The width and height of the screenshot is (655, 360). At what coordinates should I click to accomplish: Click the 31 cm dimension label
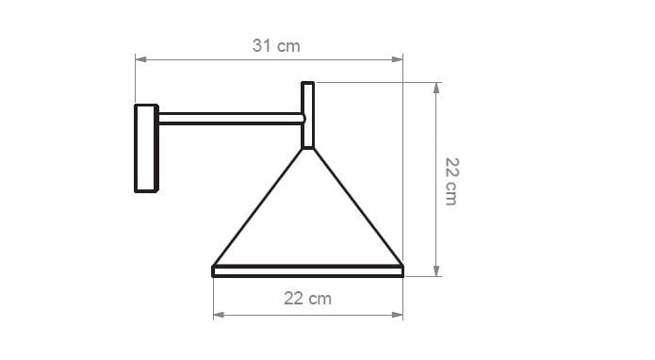pyautogui.click(x=276, y=45)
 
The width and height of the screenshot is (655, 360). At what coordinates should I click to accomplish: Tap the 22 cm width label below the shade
pyautogui.click(x=307, y=298)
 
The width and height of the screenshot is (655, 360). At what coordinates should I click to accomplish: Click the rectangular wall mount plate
pyautogui.click(x=146, y=148)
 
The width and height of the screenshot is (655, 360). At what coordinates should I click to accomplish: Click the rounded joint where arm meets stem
pyautogui.click(x=302, y=119)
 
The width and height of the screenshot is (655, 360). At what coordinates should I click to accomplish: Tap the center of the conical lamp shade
pyautogui.click(x=307, y=221)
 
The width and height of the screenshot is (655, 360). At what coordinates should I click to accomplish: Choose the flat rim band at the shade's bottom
pyautogui.click(x=307, y=271)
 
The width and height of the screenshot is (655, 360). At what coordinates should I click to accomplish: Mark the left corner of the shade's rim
pyautogui.click(x=215, y=271)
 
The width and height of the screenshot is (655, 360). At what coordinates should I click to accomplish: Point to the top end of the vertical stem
pyautogui.click(x=307, y=84)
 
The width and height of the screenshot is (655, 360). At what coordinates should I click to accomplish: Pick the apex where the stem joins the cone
pyautogui.click(x=307, y=149)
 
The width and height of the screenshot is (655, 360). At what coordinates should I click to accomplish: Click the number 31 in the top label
pyautogui.click(x=263, y=45)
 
